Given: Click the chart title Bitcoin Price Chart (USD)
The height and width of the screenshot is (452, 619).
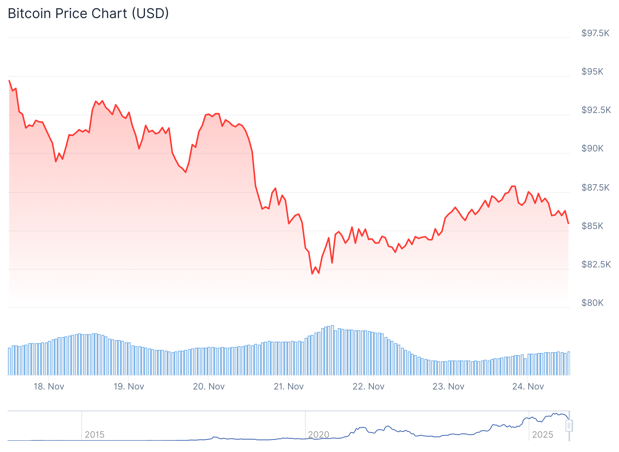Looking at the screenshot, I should pyautogui.click(x=88, y=14).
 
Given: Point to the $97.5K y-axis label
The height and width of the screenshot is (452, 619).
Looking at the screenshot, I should pyautogui.click(x=595, y=33).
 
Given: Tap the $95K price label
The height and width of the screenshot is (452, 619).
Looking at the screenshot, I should pyautogui.click(x=592, y=72).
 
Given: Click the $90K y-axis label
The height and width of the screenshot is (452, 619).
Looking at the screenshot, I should pyautogui.click(x=592, y=148).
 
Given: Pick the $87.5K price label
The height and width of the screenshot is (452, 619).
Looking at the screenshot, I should pyautogui.click(x=595, y=188).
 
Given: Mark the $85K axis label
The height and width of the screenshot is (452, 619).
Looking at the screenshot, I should pyautogui.click(x=592, y=226).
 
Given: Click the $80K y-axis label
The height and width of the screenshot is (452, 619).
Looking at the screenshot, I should pyautogui.click(x=592, y=303).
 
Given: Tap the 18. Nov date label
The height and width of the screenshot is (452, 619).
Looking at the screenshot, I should pyautogui.click(x=49, y=386).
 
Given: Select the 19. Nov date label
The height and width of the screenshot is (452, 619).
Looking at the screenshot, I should pyautogui.click(x=129, y=386).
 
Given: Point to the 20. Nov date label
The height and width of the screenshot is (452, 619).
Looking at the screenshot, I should pyautogui.click(x=209, y=386).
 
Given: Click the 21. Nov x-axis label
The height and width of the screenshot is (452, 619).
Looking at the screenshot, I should pyautogui.click(x=288, y=386).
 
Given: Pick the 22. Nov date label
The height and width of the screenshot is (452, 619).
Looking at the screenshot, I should pyautogui.click(x=368, y=386).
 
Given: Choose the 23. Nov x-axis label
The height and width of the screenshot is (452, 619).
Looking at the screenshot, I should pyautogui.click(x=448, y=386).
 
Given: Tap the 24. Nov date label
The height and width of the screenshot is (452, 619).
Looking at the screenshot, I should pyautogui.click(x=528, y=386).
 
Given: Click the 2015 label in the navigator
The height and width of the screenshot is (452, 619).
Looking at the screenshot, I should pyautogui.click(x=95, y=435).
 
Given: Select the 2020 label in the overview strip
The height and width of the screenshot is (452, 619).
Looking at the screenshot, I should pyautogui.click(x=319, y=435).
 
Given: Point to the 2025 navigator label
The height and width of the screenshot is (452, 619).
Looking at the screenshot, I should pyautogui.click(x=543, y=435).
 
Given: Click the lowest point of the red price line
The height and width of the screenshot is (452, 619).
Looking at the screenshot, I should pyautogui.click(x=312, y=274).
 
